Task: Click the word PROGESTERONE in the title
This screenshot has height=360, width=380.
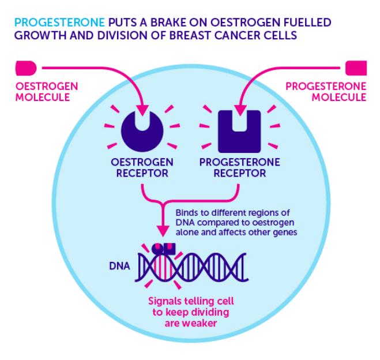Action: point(59,22)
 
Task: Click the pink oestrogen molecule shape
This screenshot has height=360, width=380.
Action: point(26,68)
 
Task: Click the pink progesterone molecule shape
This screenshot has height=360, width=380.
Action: point(356,68)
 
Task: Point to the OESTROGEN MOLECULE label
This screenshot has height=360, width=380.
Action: point(47,92)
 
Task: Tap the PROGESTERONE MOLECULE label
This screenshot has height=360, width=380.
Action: point(326,92)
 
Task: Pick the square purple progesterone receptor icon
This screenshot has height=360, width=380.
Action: point(239,132)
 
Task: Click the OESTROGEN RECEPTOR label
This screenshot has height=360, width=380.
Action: point(142,168)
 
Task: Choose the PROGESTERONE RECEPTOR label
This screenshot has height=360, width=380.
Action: point(240,168)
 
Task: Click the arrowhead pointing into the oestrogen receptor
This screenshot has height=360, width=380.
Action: point(142,111)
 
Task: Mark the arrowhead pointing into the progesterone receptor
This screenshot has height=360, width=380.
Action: point(240,111)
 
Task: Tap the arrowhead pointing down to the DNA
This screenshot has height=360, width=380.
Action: point(163,231)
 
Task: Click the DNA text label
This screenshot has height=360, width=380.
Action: point(120,266)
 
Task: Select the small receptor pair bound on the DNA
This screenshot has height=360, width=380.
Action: point(164,249)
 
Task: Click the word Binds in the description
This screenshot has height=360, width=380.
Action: point(186,213)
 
